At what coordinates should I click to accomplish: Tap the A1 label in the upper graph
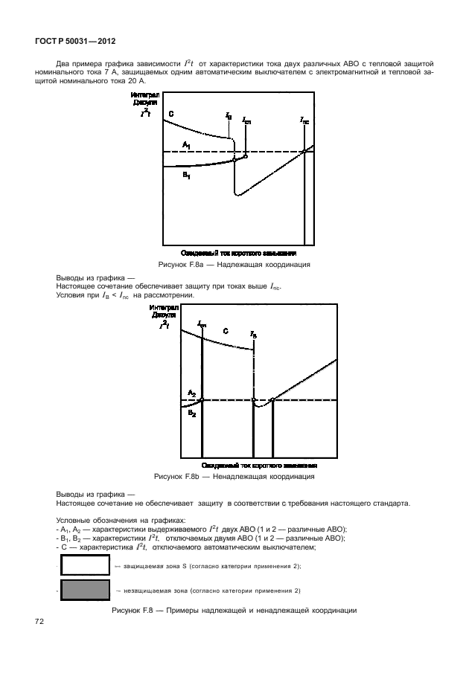187,144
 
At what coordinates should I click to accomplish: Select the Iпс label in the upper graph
305,119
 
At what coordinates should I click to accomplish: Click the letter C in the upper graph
170,114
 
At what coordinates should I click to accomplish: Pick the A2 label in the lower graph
192,392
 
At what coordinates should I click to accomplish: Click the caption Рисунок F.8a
234,264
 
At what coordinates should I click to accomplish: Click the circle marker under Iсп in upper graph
246,156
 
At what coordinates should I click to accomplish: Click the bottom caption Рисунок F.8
234,611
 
